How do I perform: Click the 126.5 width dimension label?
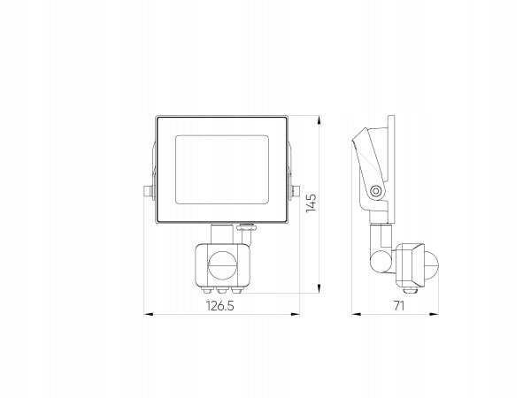pos(220,306)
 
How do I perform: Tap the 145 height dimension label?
pos(311,203)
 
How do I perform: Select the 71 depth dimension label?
pos(399,306)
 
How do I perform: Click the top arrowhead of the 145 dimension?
pos(319,120)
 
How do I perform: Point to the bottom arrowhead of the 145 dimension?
pos(319,288)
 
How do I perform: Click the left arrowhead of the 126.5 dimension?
pos(149,314)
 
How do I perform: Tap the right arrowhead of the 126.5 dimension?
pos(295,314)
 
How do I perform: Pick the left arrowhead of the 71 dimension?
pos(357,314)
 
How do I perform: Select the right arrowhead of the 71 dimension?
pos(434,314)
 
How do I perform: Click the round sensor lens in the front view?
pos(222,265)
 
